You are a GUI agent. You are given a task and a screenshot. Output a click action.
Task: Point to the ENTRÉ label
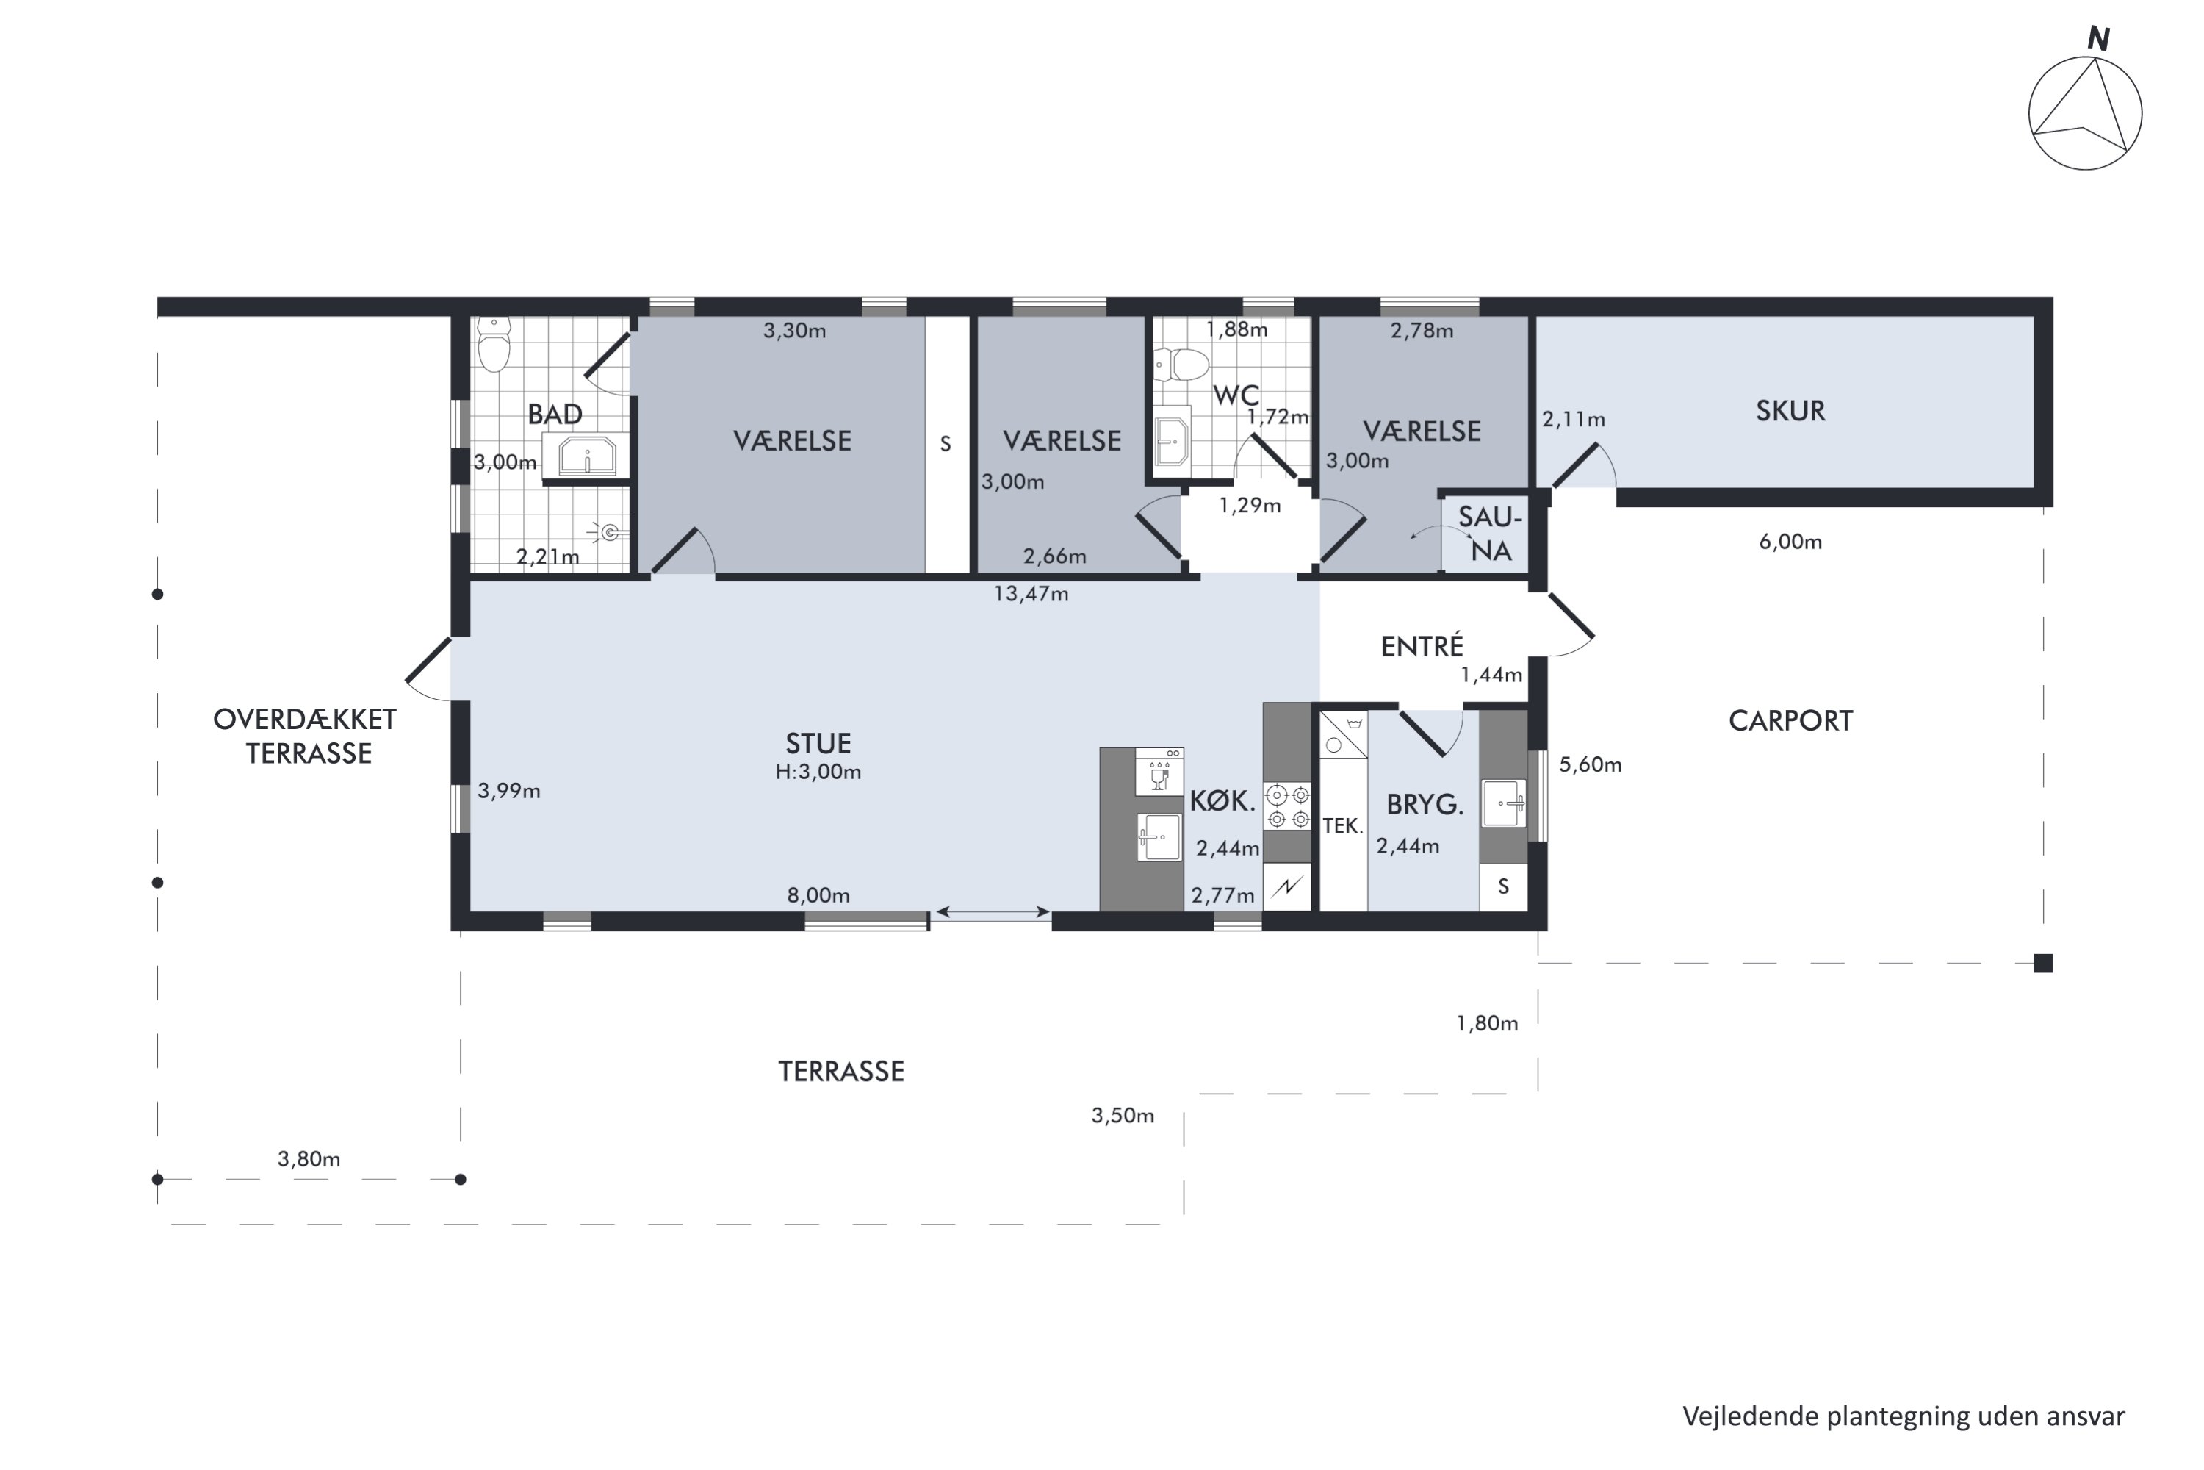1422,646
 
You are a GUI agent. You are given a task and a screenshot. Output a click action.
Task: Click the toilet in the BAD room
494,344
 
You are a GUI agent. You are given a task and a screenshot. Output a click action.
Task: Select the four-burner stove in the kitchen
1288,807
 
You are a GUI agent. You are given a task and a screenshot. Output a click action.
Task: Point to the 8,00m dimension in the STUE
818,895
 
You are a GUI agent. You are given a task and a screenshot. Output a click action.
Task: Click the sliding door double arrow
993,911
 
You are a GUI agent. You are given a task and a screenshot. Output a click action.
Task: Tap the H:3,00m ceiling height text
818,772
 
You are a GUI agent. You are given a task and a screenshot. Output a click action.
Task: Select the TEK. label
1342,826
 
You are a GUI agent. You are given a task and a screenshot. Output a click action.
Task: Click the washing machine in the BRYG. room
1344,734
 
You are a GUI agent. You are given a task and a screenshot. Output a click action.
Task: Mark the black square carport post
2044,963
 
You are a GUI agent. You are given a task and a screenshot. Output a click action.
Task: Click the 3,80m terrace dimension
309,1160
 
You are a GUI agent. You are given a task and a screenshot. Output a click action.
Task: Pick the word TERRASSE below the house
841,1072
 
